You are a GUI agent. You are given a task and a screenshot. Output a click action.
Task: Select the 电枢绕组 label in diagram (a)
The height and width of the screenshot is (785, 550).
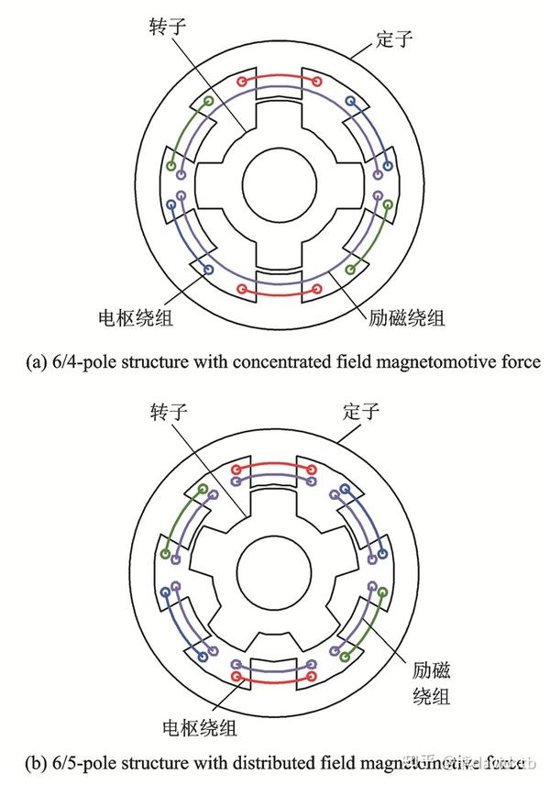tap(136, 318)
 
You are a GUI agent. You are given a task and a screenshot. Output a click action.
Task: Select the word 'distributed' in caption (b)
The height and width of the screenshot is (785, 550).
tap(279, 761)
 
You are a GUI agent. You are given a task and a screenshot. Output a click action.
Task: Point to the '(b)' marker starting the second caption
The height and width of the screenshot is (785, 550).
tap(33, 761)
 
